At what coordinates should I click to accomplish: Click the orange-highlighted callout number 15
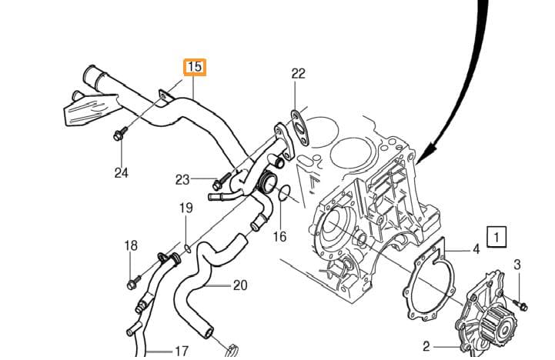(x=195, y=67)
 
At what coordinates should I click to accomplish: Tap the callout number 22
(x=298, y=74)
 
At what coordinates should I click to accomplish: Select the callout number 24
(x=122, y=172)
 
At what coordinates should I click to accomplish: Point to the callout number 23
(x=182, y=180)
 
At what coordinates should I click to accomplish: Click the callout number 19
(x=186, y=208)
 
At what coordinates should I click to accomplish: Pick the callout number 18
(x=131, y=245)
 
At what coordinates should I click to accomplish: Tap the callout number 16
(x=279, y=236)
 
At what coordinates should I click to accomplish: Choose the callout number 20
(x=240, y=285)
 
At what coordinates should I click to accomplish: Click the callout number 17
(x=181, y=352)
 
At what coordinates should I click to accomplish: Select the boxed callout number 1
(x=496, y=237)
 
